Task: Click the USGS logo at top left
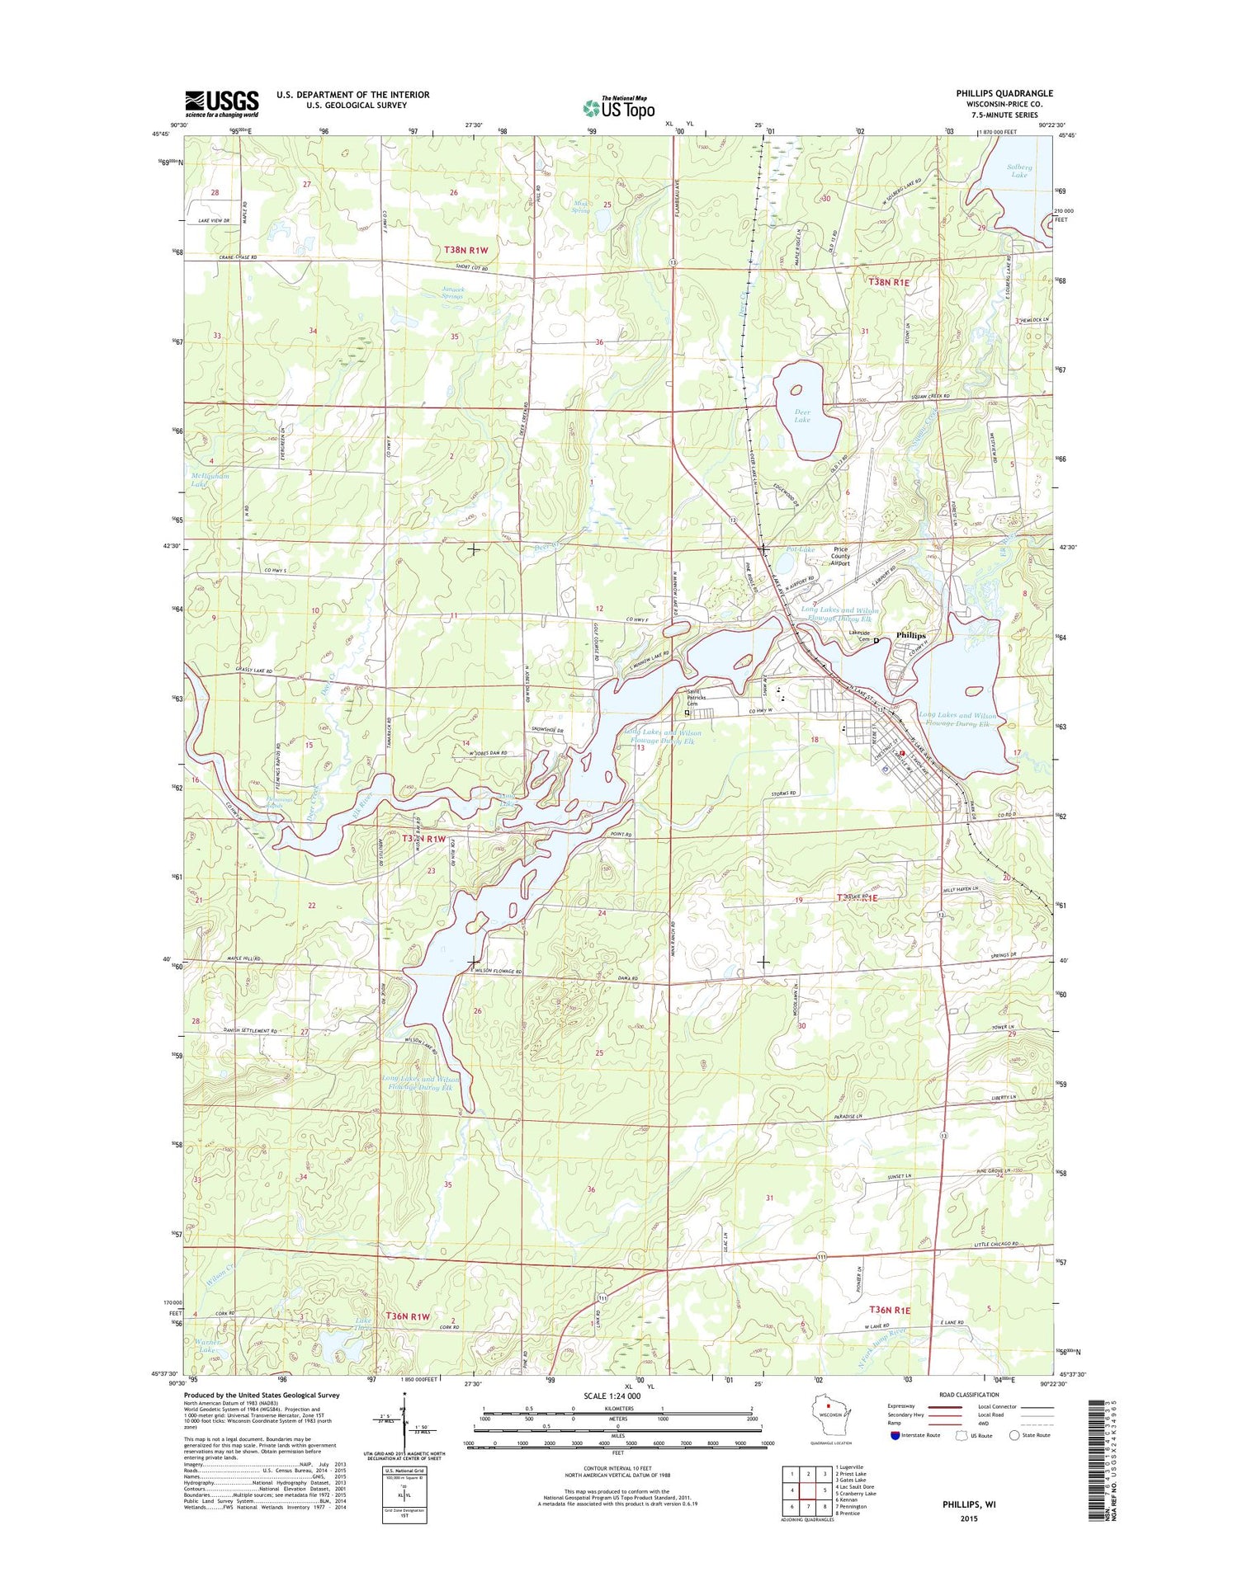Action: point(221,101)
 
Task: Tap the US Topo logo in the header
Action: point(619,107)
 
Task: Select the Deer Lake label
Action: point(801,416)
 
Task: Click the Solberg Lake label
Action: point(1018,171)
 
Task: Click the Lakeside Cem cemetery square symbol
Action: point(876,639)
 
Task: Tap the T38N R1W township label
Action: point(466,250)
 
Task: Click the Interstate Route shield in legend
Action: point(896,1434)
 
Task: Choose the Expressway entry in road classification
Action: point(902,1405)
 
